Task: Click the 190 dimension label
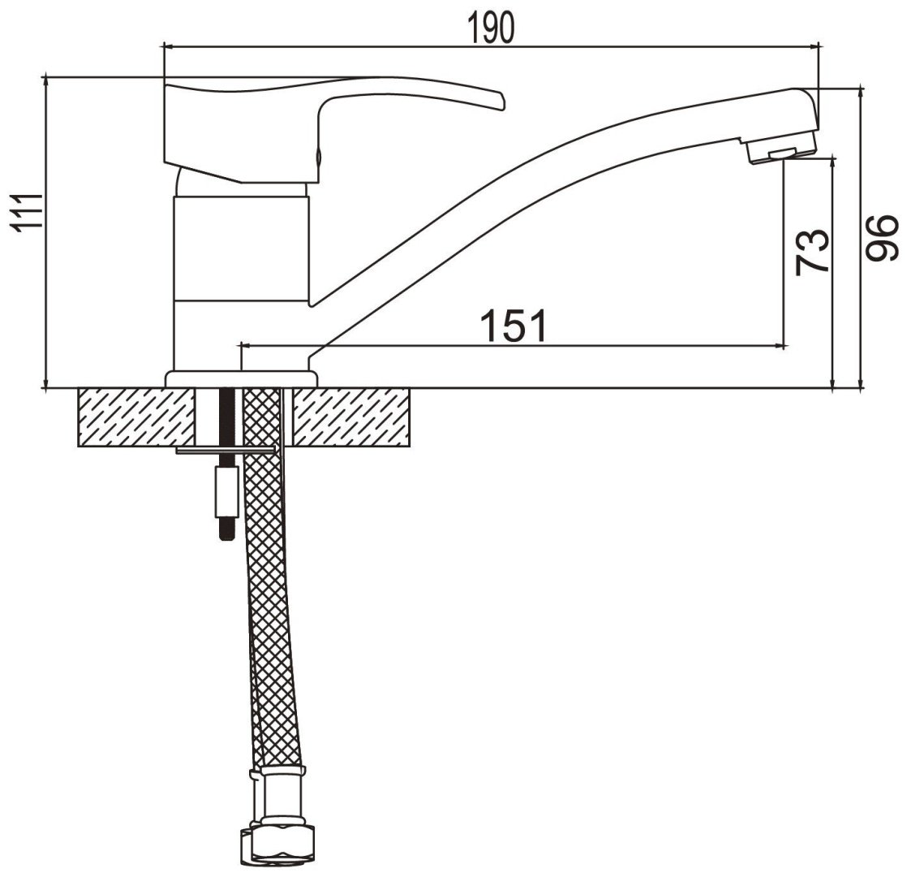491,28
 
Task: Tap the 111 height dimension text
28,213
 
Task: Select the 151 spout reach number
513,326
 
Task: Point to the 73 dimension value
812,252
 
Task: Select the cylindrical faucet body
242,249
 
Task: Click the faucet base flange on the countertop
242,379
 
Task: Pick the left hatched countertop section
136,417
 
